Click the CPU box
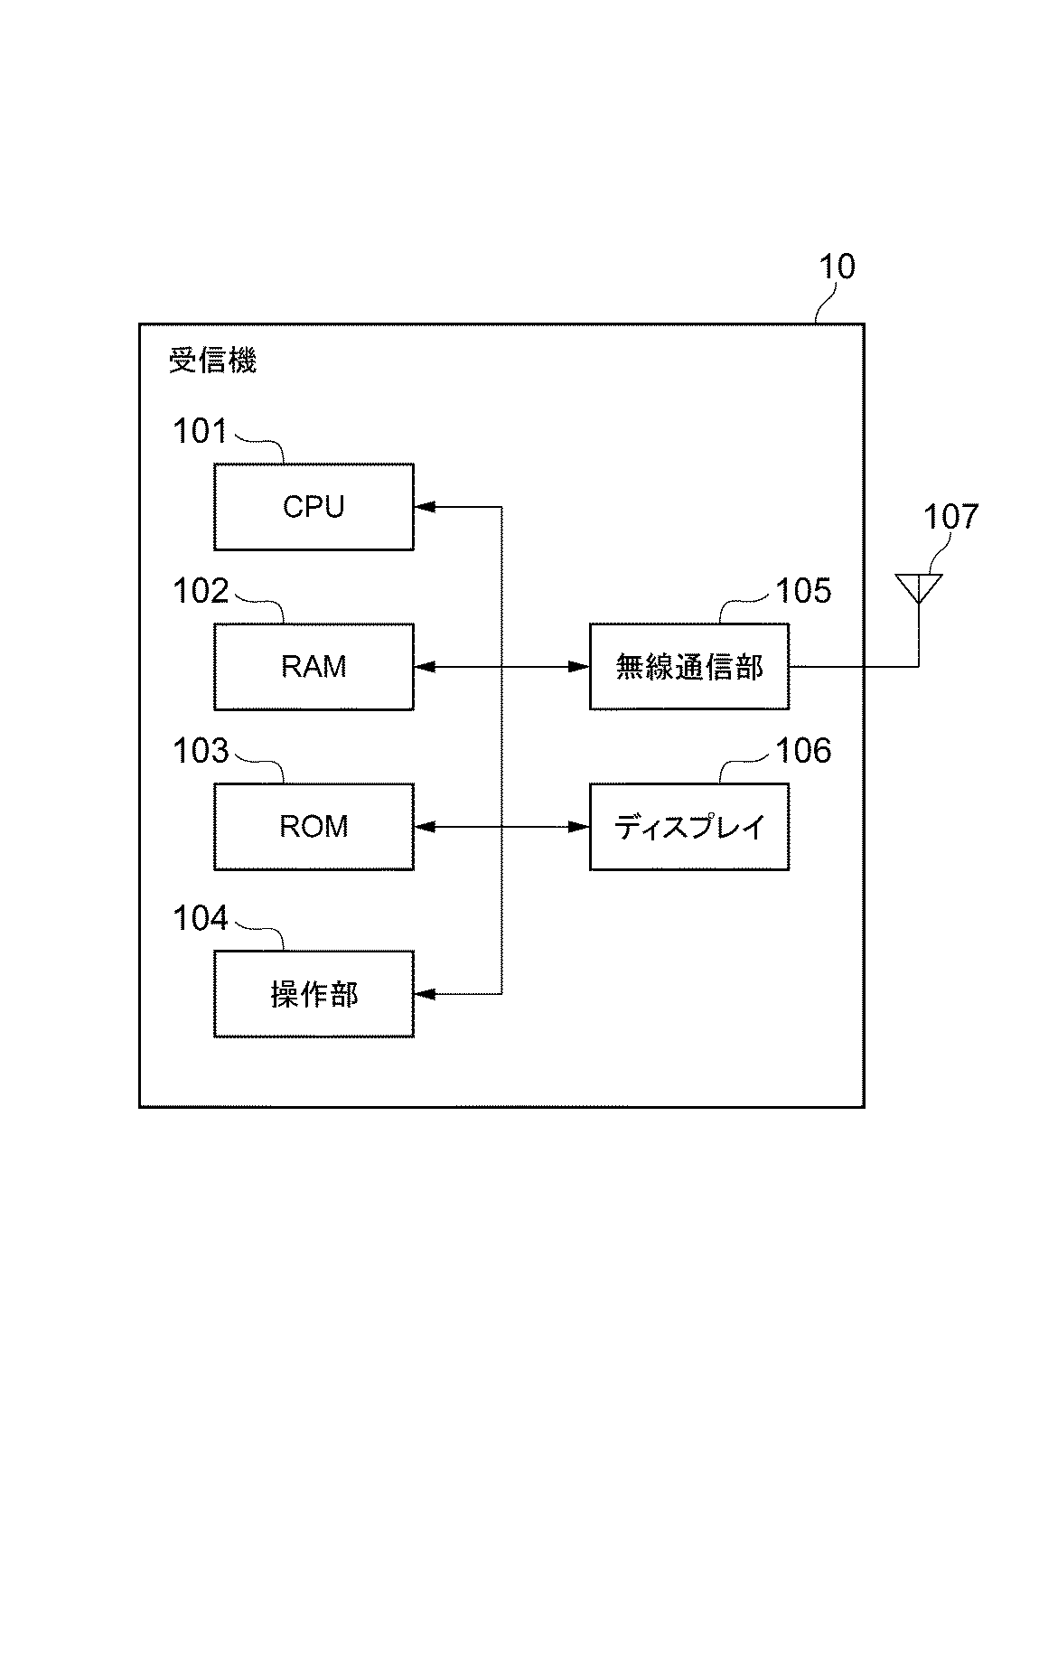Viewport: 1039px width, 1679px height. click(314, 507)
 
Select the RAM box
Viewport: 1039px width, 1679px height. click(314, 667)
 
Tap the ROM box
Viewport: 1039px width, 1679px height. click(314, 827)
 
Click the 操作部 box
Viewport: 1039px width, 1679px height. click(314, 994)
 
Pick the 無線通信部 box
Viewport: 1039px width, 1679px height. click(688, 667)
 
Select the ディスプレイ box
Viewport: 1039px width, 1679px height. click(688, 827)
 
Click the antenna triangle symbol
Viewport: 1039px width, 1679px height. click(919, 586)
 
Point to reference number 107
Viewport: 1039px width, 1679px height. click(950, 518)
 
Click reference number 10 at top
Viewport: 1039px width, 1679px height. click(836, 267)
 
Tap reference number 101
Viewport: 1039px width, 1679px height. click(200, 432)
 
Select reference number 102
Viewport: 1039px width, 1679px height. click(200, 592)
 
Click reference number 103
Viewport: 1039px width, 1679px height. click(200, 752)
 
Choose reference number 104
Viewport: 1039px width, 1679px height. click(200, 919)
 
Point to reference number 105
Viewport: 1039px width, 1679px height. click(803, 592)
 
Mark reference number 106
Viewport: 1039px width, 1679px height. click(803, 752)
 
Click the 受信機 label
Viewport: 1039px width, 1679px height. click(213, 361)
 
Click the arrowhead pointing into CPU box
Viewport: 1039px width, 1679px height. click(424, 507)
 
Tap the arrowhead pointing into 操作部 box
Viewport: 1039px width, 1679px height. click(424, 994)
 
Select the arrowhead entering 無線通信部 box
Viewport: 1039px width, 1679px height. click(579, 667)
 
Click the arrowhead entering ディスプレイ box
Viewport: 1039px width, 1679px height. click(579, 827)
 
